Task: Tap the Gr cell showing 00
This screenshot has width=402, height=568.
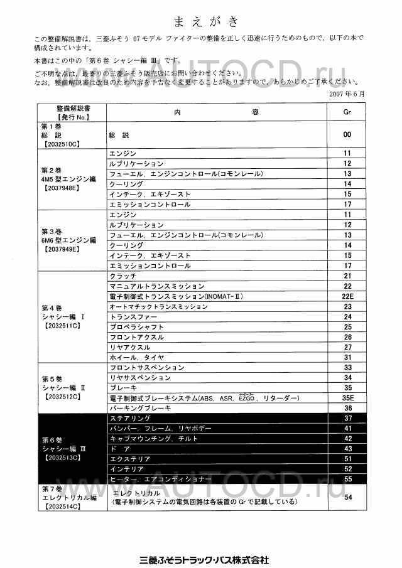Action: [x=347, y=135]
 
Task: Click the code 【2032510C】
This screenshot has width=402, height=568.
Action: [x=61, y=144]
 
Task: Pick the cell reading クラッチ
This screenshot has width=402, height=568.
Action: [x=123, y=276]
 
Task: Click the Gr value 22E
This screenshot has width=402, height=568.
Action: [x=347, y=296]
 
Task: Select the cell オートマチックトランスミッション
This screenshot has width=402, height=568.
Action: [x=158, y=306]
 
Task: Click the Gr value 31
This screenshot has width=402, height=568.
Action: [x=347, y=357]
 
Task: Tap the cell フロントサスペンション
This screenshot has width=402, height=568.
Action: [x=147, y=367]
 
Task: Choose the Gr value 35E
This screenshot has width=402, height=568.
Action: [x=347, y=397]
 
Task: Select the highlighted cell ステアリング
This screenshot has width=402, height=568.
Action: [x=130, y=418]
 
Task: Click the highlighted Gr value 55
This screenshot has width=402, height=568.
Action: [x=347, y=479]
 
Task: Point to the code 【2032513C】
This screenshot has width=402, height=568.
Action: [x=61, y=458]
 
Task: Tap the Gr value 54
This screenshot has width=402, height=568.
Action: [x=347, y=497]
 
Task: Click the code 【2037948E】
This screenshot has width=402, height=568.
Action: [x=61, y=188]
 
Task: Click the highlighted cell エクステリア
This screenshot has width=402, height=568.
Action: [x=130, y=459]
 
